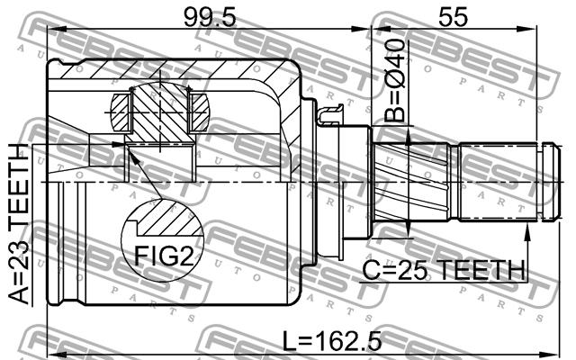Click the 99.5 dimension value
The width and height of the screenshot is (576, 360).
click(210, 17)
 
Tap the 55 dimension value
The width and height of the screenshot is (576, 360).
click(454, 17)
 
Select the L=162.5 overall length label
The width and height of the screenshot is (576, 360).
click(332, 341)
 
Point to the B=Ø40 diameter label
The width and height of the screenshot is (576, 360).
click(395, 80)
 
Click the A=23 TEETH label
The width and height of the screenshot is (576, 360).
click(18, 224)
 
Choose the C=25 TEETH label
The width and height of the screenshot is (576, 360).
click(444, 270)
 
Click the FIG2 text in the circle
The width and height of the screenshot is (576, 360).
click(164, 256)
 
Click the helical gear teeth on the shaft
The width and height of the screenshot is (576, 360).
click(411, 182)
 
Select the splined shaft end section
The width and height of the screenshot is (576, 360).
click(498, 182)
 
